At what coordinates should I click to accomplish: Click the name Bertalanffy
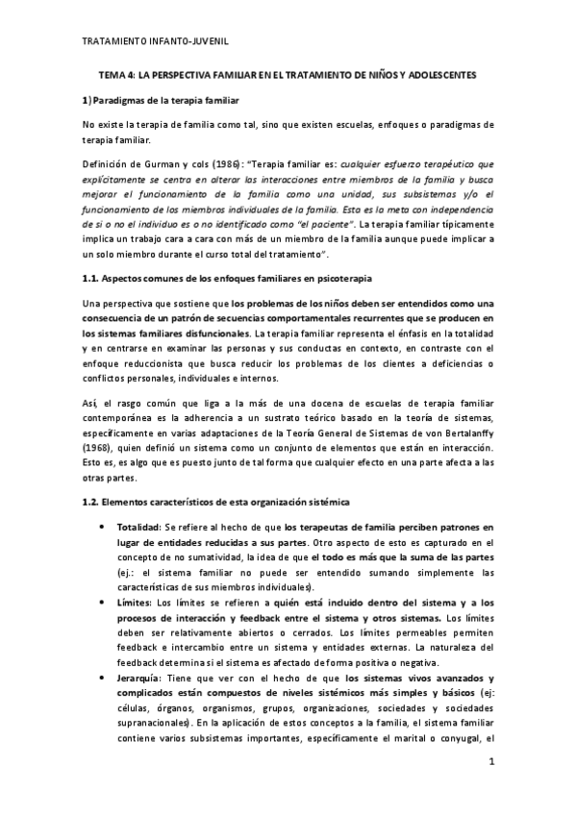(466, 432)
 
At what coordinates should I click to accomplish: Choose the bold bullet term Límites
(134, 601)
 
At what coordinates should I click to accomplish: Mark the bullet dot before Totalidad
(102, 528)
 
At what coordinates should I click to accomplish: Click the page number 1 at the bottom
(490, 761)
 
